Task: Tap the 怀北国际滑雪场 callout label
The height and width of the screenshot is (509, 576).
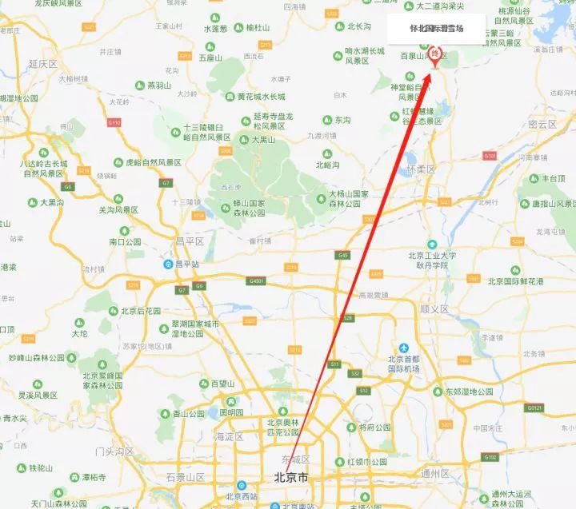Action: [x=436, y=29]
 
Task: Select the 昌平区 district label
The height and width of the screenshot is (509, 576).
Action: [x=190, y=241]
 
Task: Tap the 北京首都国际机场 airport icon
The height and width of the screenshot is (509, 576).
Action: [x=404, y=348]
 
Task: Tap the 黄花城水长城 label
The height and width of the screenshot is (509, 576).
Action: [x=260, y=97]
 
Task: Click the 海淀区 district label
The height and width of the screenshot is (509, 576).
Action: [x=229, y=437]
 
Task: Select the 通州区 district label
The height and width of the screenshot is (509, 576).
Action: [x=435, y=474]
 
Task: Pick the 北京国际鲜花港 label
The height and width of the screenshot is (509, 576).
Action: [x=515, y=282]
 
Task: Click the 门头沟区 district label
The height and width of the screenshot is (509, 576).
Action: [x=115, y=451]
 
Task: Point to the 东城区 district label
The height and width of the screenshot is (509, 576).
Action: [x=294, y=460]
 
